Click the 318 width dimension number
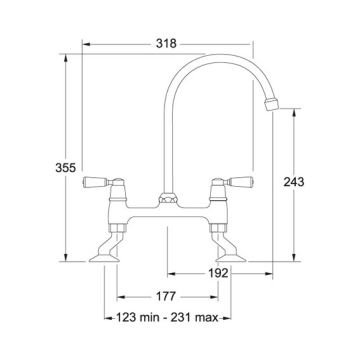(x=166, y=44)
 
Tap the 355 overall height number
(x=66, y=168)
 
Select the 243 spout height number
(x=294, y=182)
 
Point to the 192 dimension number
(x=218, y=273)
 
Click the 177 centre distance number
(x=166, y=296)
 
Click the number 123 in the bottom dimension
(x=126, y=318)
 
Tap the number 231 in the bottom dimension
(x=180, y=318)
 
